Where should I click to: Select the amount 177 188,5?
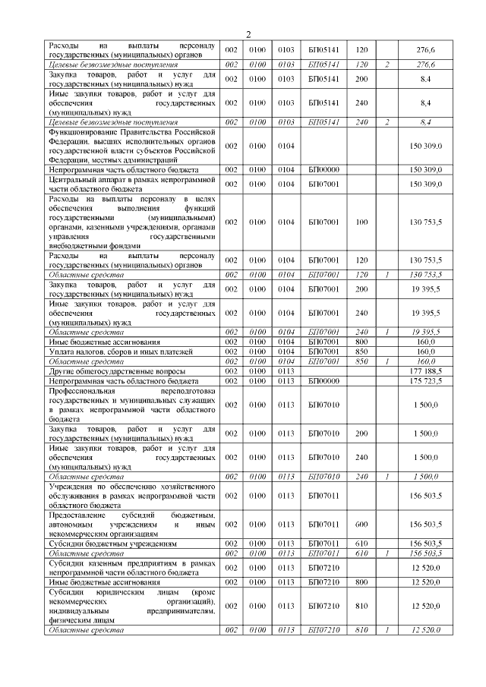tap(425, 371)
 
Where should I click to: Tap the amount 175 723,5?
tap(425, 380)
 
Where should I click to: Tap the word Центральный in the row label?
tap(74, 179)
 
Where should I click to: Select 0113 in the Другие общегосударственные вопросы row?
tap(286, 371)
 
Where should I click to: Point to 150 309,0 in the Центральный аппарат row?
tap(425, 184)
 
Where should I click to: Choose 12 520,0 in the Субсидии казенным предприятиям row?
tap(425, 568)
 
